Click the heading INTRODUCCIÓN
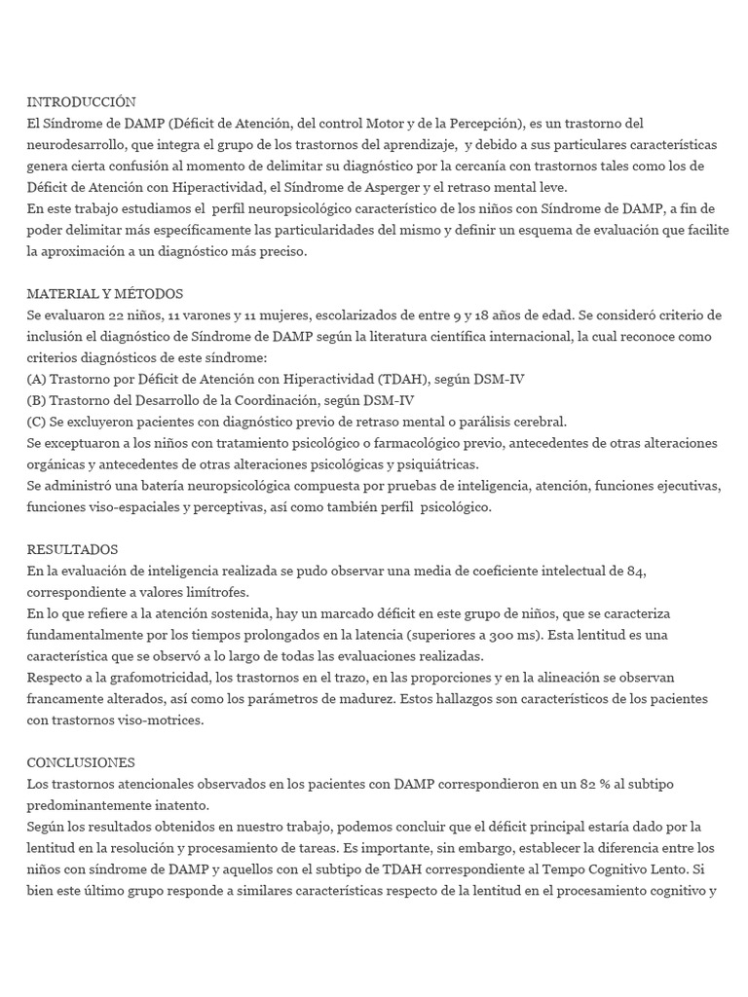[81, 102]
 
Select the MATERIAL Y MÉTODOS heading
[104, 294]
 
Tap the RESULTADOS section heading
[72, 549]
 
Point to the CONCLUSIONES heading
[81, 762]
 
